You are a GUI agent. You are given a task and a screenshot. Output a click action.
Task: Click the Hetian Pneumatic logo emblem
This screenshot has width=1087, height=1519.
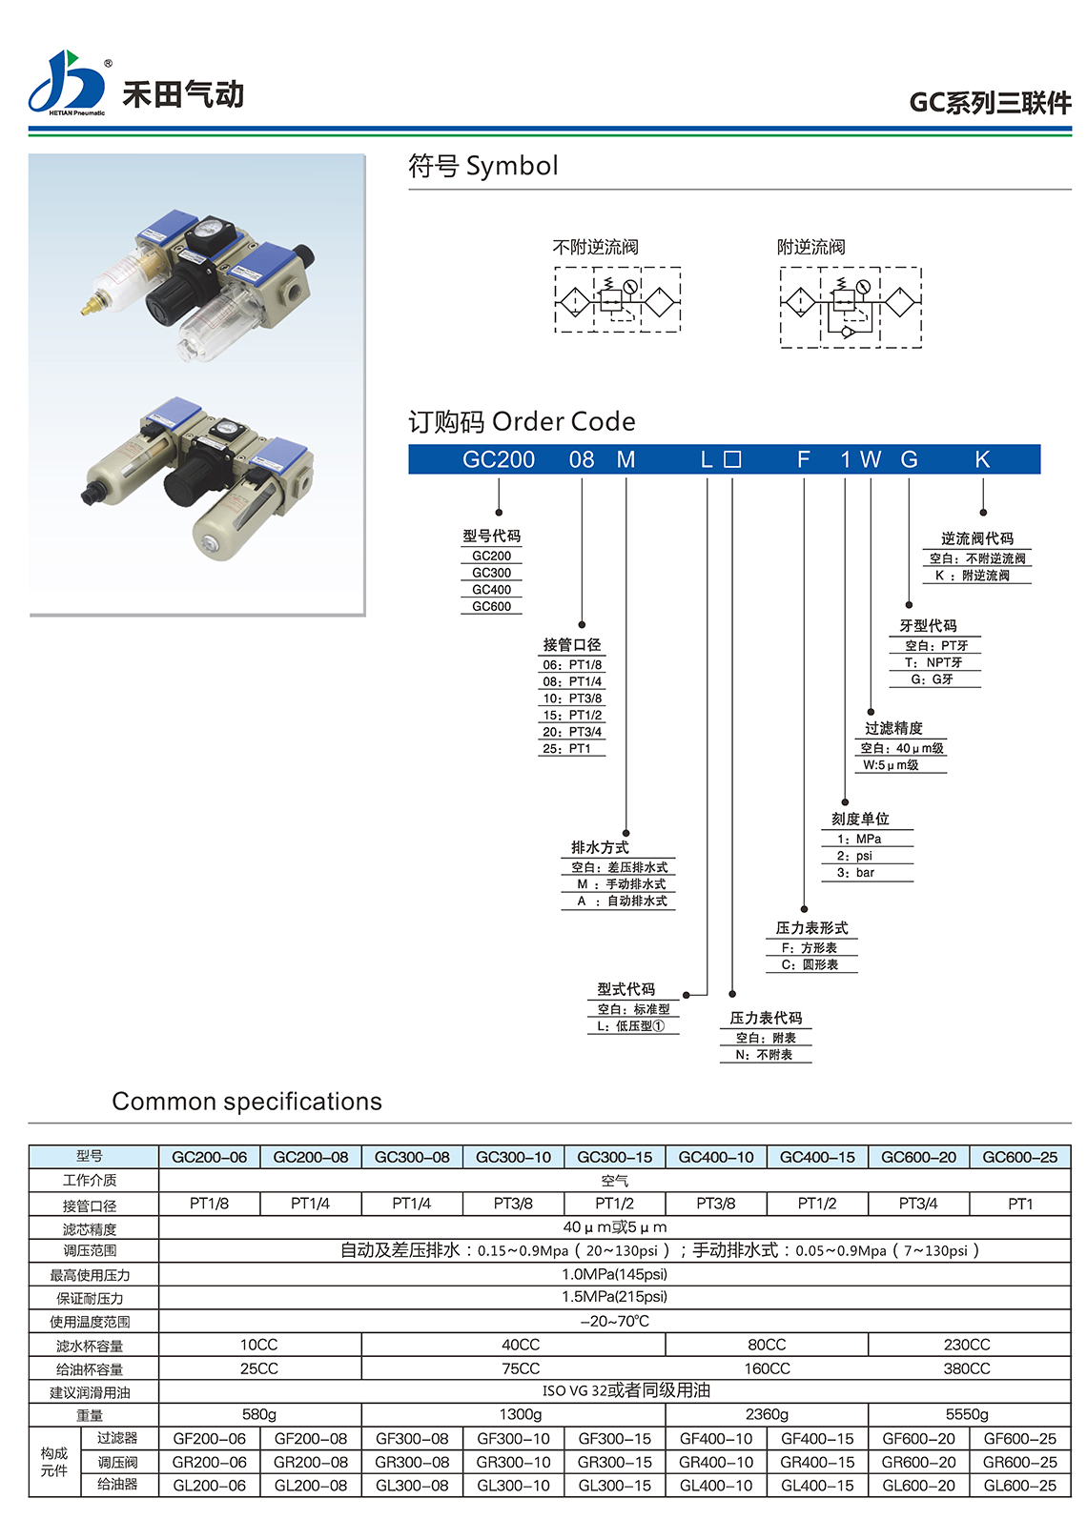pyautogui.click(x=66, y=83)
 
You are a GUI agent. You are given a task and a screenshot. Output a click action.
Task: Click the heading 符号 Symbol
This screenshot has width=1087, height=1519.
pyautogui.click(x=482, y=166)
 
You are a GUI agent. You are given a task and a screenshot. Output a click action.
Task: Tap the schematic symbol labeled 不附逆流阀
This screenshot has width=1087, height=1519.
pyautogui.click(x=617, y=300)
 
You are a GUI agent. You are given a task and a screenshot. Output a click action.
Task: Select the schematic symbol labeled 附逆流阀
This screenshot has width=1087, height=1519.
pyautogui.click(x=851, y=307)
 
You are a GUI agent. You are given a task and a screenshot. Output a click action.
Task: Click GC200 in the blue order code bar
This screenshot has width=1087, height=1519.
pyautogui.click(x=499, y=460)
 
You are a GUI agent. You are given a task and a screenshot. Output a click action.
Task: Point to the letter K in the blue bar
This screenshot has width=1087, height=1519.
pyautogui.click(x=982, y=460)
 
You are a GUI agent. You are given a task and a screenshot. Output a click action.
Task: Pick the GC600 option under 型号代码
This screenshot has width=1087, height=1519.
pyautogui.click(x=492, y=606)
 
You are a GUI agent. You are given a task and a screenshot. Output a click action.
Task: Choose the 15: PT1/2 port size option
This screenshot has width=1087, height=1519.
pyautogui.click(x=572, y=715)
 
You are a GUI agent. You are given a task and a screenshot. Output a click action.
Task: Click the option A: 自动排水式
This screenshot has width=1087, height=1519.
pyautogui.click(x=622, y=901)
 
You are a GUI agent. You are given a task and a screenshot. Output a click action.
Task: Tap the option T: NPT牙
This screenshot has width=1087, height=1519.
pyautogui.click(x=933, y=662)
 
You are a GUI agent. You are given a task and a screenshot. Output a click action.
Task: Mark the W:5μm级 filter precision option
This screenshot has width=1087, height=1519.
pyautogui.click(x=891, y=765)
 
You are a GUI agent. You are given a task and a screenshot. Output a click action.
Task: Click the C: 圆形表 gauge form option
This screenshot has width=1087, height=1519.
pyautogui.click(x=810, y=964)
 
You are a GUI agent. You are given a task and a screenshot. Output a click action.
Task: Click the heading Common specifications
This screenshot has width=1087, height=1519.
pyautogui.click(x=247, y=1102)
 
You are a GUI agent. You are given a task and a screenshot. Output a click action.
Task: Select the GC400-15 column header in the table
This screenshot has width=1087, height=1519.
pyautogui.click(x=817, y=1157)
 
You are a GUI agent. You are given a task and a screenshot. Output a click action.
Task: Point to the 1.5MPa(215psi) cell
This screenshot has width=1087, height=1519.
pyautogui.click(x=614, y=1297)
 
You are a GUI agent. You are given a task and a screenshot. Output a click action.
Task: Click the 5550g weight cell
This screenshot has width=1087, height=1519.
pyautogui.click(x=967, y=1414)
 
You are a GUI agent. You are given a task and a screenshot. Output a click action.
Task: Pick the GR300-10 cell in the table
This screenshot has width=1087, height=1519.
pyautogui.click(x=513, y=1462)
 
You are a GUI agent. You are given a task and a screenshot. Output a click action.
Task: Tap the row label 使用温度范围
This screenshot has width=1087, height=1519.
pyautogui.click(x=90, y=1322)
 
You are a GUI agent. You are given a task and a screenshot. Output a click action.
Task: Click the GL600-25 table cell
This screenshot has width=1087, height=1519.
pyautogui.click(x=1020, y=1485)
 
